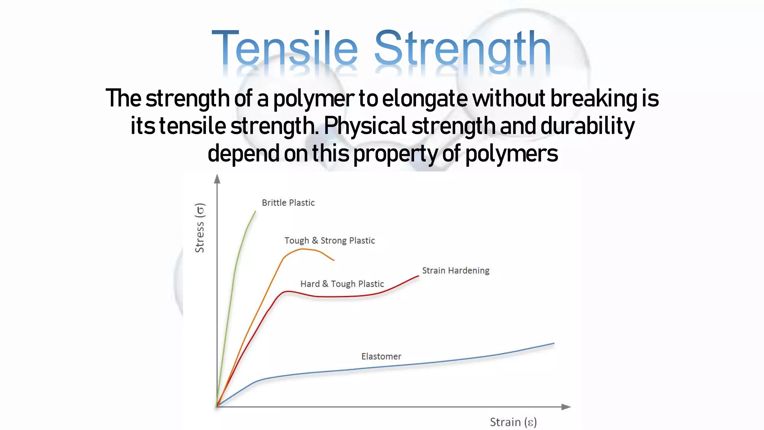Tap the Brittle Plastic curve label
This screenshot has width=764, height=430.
pos(288,203)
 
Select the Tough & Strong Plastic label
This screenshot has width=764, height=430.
pos(329,241)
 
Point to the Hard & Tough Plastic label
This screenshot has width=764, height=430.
pos(342,284)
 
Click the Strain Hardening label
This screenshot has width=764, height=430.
pos(455,271)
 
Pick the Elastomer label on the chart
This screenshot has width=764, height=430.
pos(381,356)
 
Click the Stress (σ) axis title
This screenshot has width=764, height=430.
pos(200,228)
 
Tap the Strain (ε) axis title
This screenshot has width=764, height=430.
pos(513,422)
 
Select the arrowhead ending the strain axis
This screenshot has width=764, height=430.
pos(566,407)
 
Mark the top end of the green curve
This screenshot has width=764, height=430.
pos(256,212)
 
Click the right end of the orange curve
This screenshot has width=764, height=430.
pos(334,260)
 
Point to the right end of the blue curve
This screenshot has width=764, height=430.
pos(554,343)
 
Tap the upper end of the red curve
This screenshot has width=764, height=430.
pos(418,276)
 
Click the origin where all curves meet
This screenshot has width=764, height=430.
pos(217,406)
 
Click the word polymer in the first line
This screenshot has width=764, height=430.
pos(313,99)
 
